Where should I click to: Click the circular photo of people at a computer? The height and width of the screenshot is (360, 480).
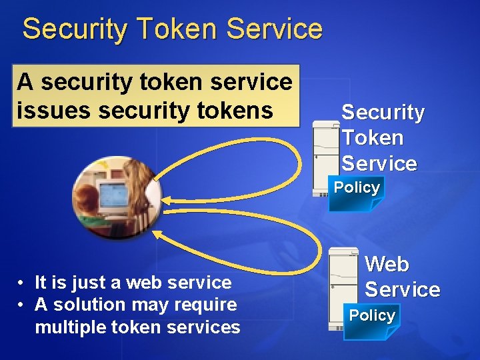(x=116, y=197)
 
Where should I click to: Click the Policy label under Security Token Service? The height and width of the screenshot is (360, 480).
(x=357, y=188)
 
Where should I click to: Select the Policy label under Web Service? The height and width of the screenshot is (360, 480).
(x=372, y=315)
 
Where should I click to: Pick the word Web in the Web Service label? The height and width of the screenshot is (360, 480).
(x=387, y=264)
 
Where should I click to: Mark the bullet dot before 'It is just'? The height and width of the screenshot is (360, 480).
(x=23, y=283)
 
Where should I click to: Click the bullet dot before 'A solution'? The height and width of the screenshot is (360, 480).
(x=23, y=305)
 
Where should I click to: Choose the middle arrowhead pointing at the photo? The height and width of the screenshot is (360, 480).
(x=167, y=201)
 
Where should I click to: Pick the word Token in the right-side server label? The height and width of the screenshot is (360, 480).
(x=373, y=138)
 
